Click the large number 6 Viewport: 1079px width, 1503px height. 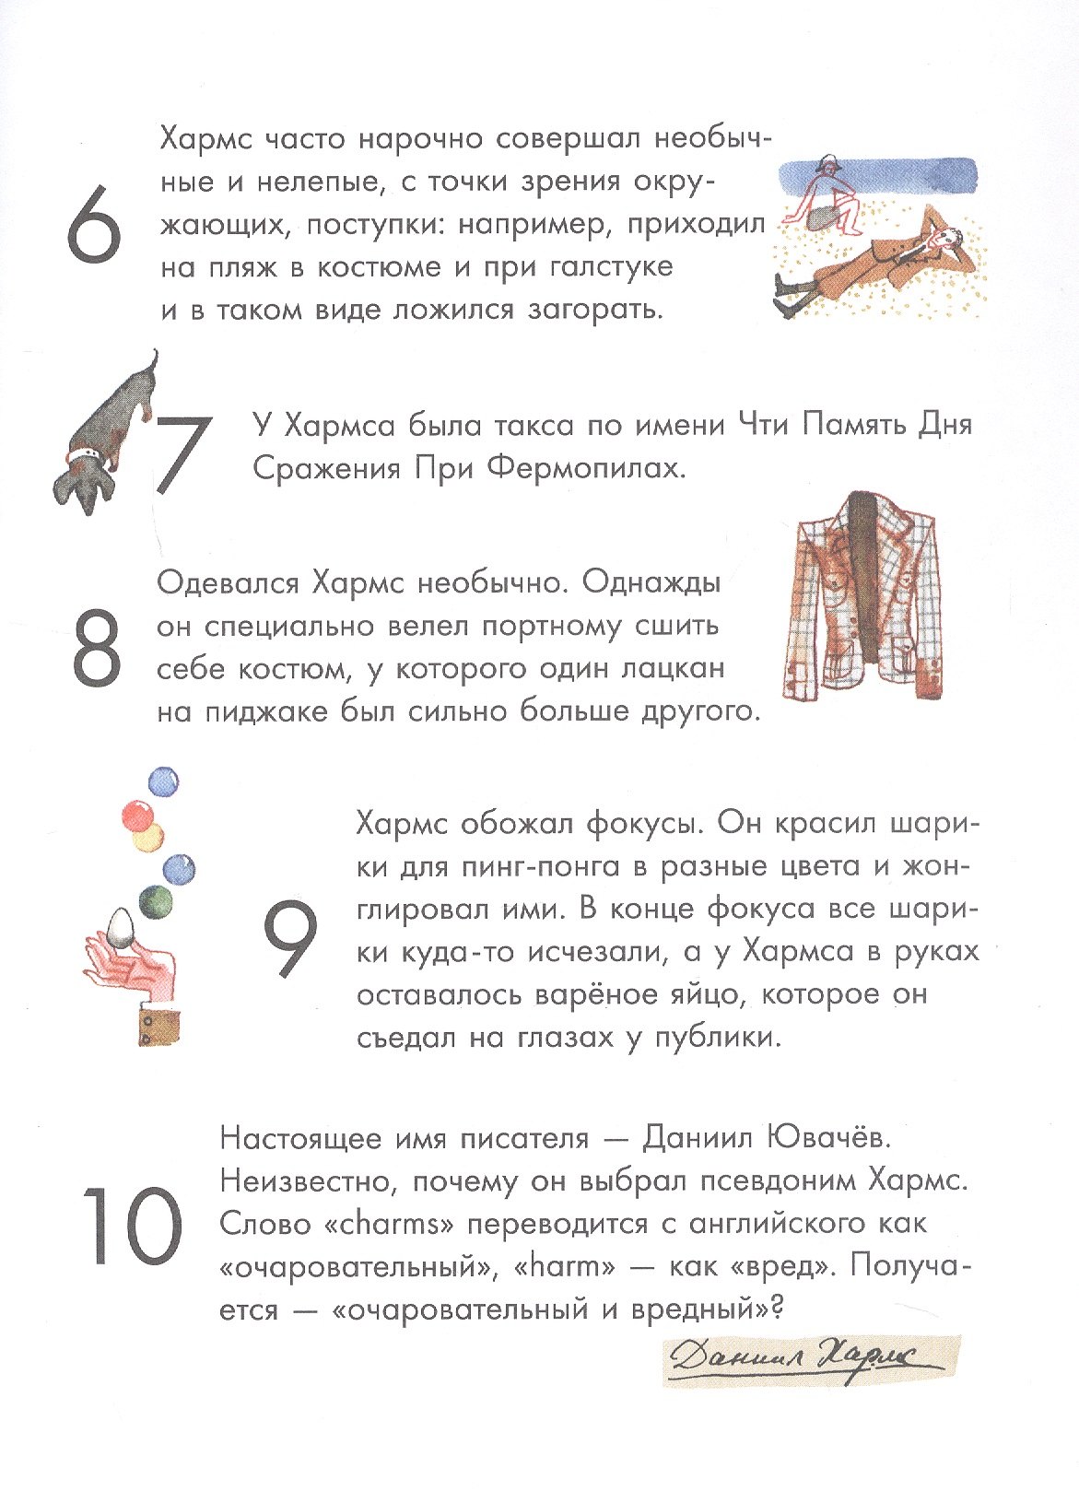click(94, 224)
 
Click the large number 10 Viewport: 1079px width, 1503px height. click(131, 1226)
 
